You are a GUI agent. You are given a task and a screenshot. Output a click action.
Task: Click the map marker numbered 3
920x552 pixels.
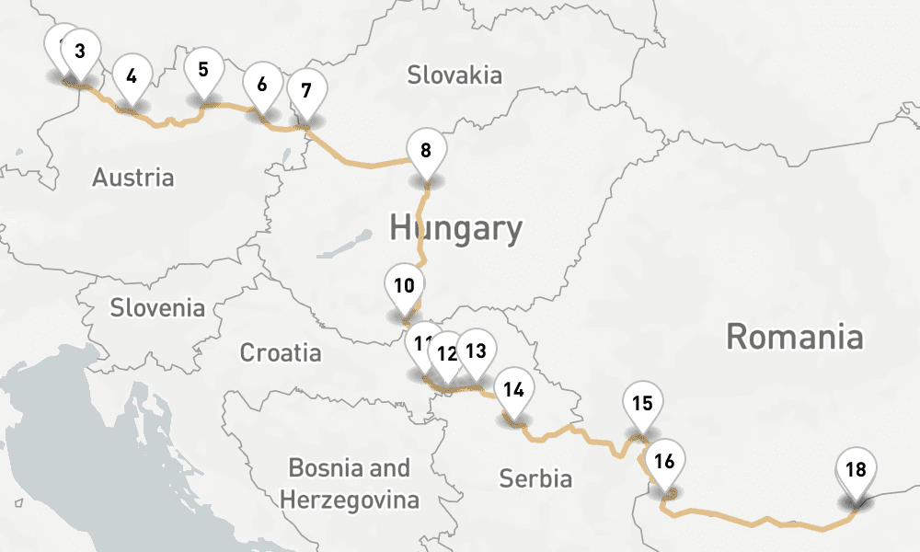pyautogui.click(x=81, y=52)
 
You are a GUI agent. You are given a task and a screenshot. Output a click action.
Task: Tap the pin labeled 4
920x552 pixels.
pyautogui.click(x=132, y=76)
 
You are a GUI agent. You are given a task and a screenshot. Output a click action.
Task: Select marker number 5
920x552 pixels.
pyautogui.click(x=203, y=69)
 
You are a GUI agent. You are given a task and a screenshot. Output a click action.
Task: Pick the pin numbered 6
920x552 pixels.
pyautogui.click(x=262, y=85)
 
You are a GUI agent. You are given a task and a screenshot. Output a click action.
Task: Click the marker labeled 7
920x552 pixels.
pyautogui.click(x=306, y=90)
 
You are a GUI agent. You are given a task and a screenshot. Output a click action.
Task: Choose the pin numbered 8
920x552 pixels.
pyautogui.click(x=425, y=151)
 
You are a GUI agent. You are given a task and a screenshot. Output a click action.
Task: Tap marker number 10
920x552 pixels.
pyautogui.click(x=404, y=285)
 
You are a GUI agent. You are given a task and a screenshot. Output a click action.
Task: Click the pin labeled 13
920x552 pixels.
pyautogui.click(x=476, y=351)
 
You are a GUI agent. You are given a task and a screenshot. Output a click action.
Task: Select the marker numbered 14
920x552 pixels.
pyautogui.click(x=514, y=389)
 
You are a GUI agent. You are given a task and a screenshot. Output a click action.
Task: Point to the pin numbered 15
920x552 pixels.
pyautogui.click(x=642, y=403)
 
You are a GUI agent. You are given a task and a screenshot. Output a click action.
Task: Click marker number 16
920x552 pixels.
pyautogui.click(x=664, y=462)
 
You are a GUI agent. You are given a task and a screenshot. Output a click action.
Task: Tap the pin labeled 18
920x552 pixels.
pyautogui.click(x=856, y=470)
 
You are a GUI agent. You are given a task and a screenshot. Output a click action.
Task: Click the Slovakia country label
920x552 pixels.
pyautogui.click(x=455, y=75)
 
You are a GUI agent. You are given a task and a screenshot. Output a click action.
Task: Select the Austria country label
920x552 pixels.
pyautogui.click(x=132, y=177)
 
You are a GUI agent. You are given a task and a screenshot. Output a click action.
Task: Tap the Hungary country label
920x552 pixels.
pyautogui.click(x=455, y=228)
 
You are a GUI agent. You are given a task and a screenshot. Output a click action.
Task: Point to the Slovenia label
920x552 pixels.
pyautogui.click(x=157, y=307)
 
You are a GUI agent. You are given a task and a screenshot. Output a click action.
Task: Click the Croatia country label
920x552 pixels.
pyautogui.click(x=281, y=352)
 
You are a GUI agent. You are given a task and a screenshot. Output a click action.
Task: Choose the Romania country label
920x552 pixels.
pyautogui.click(x=795, y=337)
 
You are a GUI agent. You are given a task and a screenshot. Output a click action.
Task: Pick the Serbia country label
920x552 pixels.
pyautogui.click(x=535, y=478)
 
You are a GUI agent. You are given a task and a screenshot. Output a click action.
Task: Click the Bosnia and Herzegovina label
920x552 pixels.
pyautogui.click(x=350, y=484)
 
